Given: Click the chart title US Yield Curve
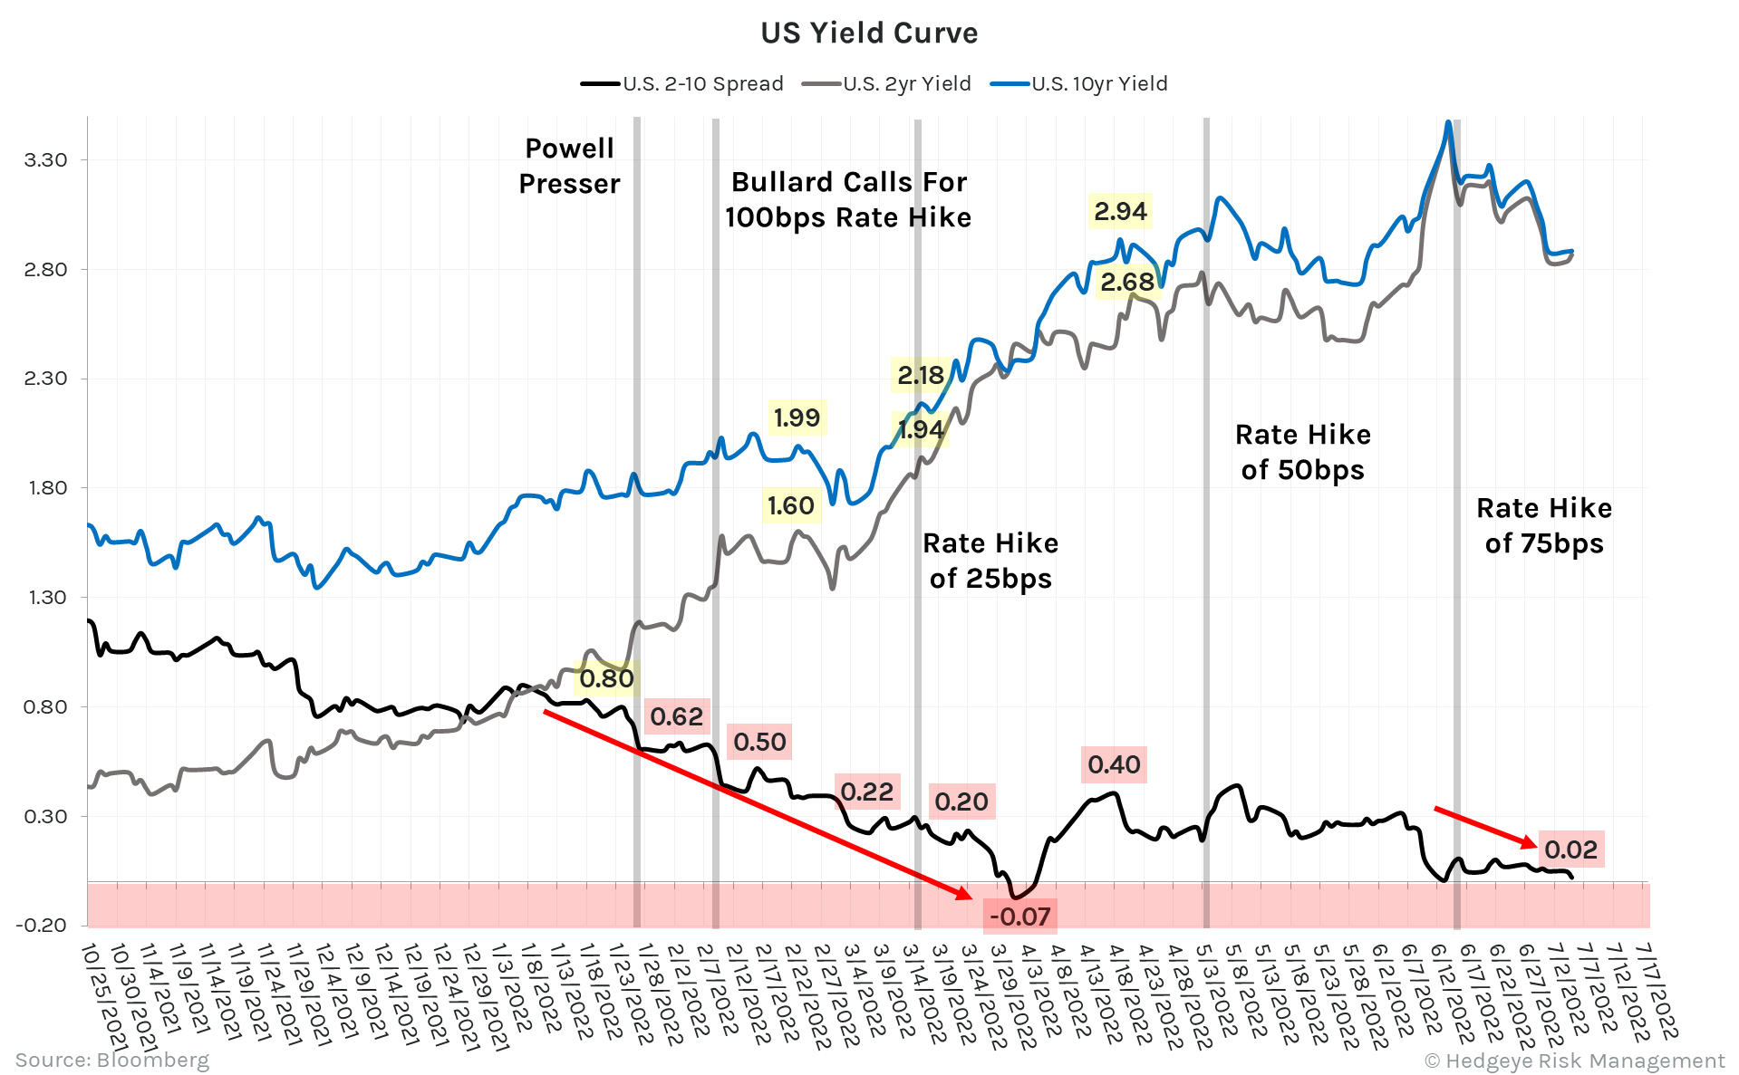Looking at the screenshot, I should [869, 34].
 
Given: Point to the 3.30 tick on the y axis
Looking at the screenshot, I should [46, 160].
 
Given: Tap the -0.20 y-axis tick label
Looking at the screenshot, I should [42, 925].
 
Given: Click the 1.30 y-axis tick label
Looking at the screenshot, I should [46, 598].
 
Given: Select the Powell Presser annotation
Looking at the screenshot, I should [569, 166].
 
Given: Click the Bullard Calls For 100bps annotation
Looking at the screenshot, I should [848, 200].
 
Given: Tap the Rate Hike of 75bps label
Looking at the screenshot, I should [1544, 525].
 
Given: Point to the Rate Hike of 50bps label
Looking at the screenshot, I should [1303, 452].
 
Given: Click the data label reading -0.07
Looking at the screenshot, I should [1019, 917].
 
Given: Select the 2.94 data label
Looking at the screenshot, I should [1120, 212].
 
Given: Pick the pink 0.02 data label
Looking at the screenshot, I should [1570, 849].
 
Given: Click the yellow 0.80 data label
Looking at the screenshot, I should [606, 678].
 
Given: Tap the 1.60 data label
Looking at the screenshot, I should [791, 505].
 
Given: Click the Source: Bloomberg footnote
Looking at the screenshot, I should [111, 1060].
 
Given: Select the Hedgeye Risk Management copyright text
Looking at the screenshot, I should [1575, 1061].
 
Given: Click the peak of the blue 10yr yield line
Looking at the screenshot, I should [1448, 122].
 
